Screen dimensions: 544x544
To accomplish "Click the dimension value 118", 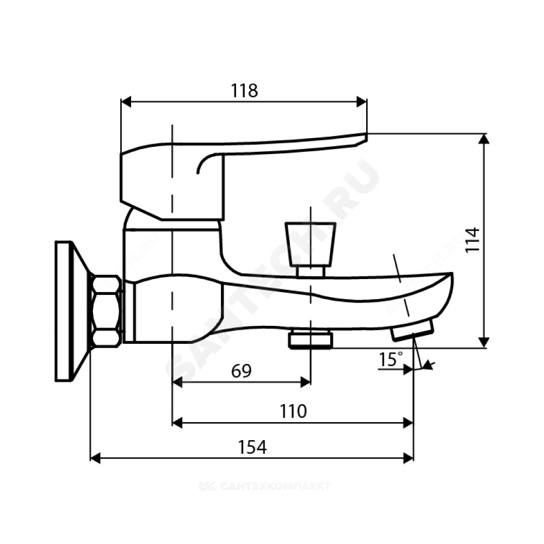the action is point(245,91).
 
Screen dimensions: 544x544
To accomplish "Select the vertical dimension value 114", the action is point(473,240).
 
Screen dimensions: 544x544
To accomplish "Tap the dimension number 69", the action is point(242,371).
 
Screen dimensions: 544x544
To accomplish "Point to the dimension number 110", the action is point(293,411).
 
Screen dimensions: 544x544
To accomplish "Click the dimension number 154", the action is point(252,447).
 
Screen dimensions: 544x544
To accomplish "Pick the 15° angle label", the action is point(391,359).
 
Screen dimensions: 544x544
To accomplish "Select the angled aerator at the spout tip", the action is point(412,330).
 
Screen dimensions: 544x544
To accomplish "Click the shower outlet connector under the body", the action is point(311,339).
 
